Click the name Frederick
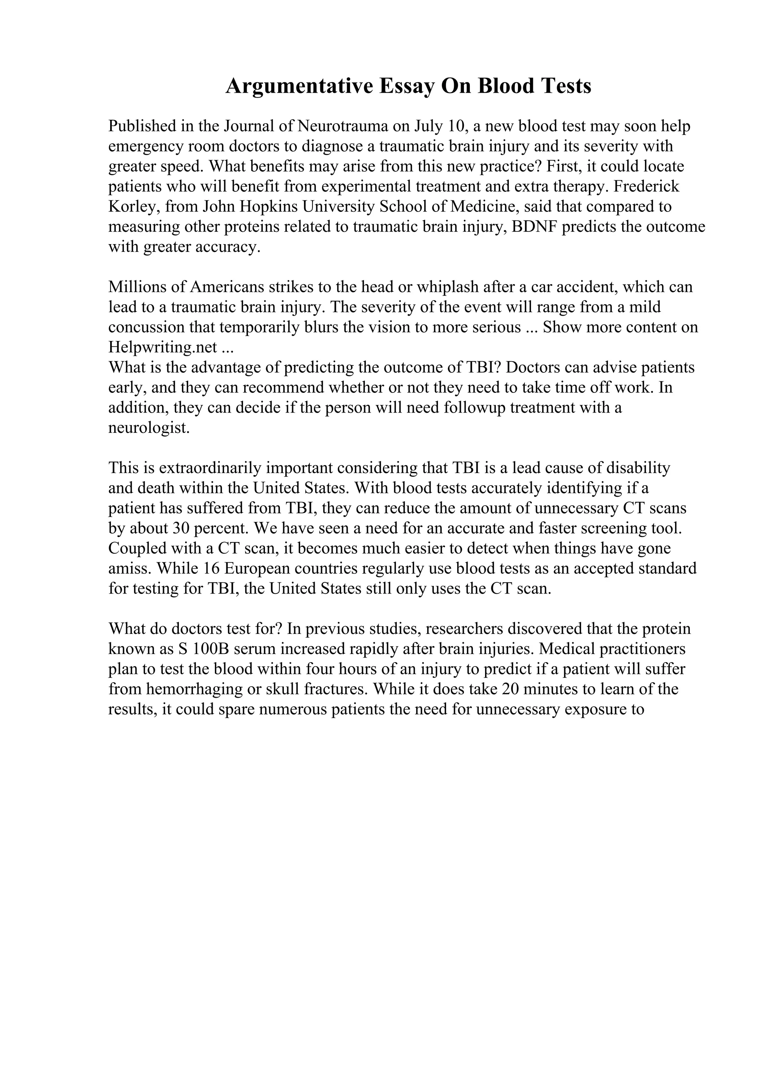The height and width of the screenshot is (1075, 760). pos(646,186)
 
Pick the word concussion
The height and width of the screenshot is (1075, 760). pos(147,327)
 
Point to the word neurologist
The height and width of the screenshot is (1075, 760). pos(149,427)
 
